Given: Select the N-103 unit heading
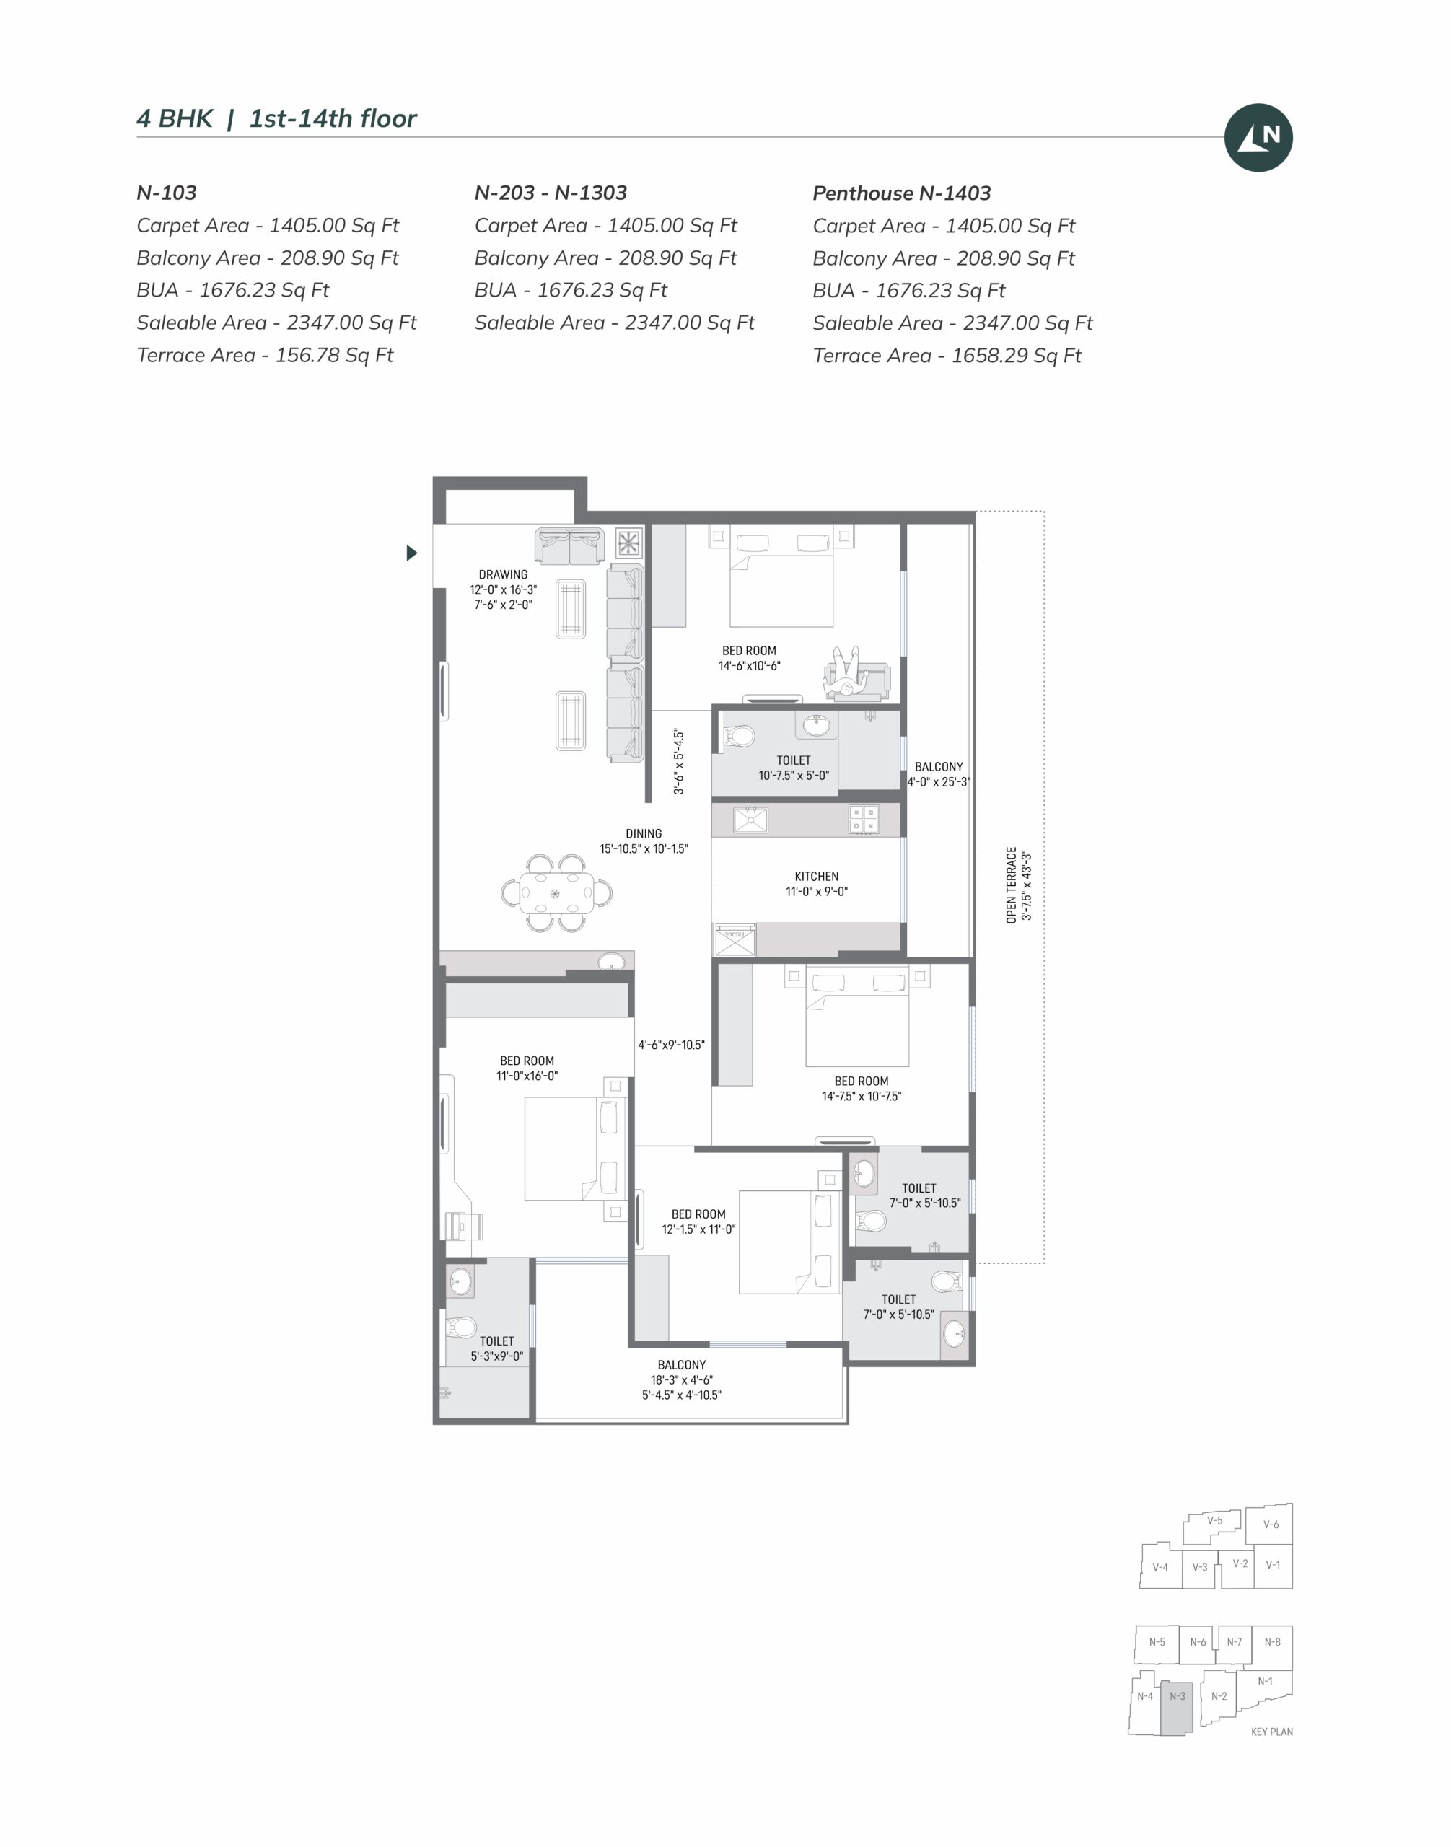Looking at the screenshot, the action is tap(167, 193).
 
